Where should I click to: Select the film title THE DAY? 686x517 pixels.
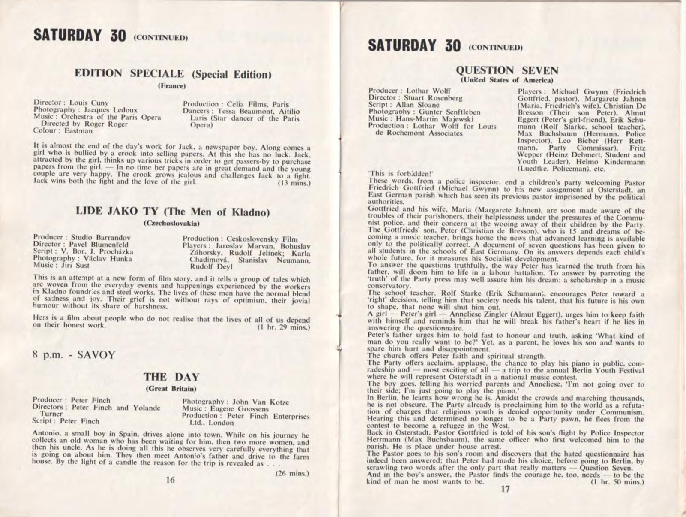coord(171,377)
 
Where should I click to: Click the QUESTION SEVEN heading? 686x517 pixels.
coord(507,70)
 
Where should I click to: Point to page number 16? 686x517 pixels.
coord(171,480)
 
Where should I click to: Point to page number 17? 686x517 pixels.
coord(506,489)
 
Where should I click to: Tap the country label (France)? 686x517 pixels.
coord(171,86)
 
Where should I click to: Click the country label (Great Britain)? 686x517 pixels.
coord(171,389)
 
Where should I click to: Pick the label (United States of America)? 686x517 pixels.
coord(507,80)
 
